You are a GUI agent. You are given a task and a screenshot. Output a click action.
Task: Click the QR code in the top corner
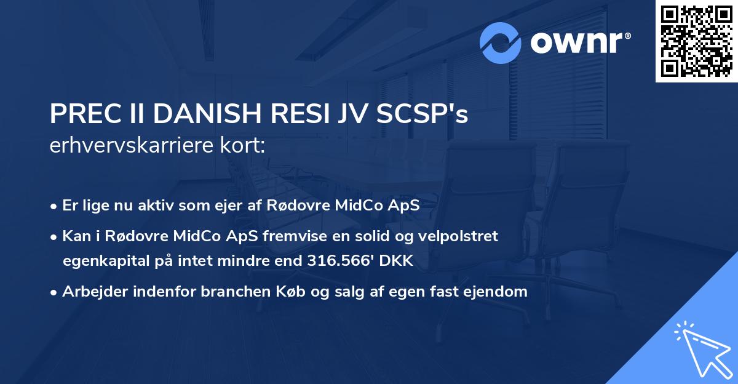point(696,41)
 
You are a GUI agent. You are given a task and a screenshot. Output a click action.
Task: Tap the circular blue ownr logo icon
point(501,42)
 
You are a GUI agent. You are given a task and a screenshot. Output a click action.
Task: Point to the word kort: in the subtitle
point(244,146)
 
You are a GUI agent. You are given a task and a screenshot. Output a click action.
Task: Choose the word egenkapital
point(105,262)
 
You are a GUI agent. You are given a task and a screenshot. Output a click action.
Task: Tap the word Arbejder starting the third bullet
point(92,292)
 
